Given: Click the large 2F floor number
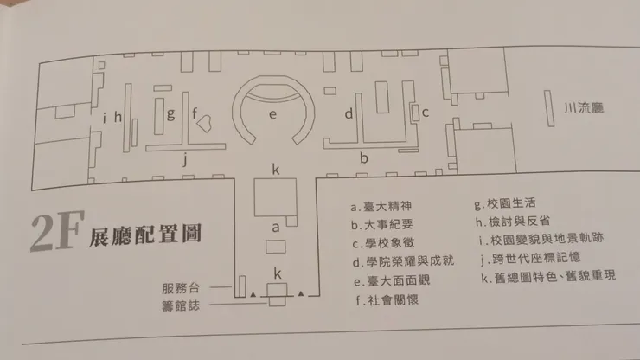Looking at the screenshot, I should [x=54, y=235].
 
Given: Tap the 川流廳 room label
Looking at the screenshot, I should [x=582, y=109].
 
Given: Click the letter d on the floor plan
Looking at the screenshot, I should [x=349, y=113].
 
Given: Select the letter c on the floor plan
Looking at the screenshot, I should [x=426, y=112].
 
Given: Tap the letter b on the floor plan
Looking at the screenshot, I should [x=364, y=157].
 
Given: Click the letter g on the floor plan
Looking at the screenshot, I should [x=171, y=113].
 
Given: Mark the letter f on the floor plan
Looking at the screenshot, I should [x=196, y=113].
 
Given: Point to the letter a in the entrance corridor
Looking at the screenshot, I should [x=276, y=228].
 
